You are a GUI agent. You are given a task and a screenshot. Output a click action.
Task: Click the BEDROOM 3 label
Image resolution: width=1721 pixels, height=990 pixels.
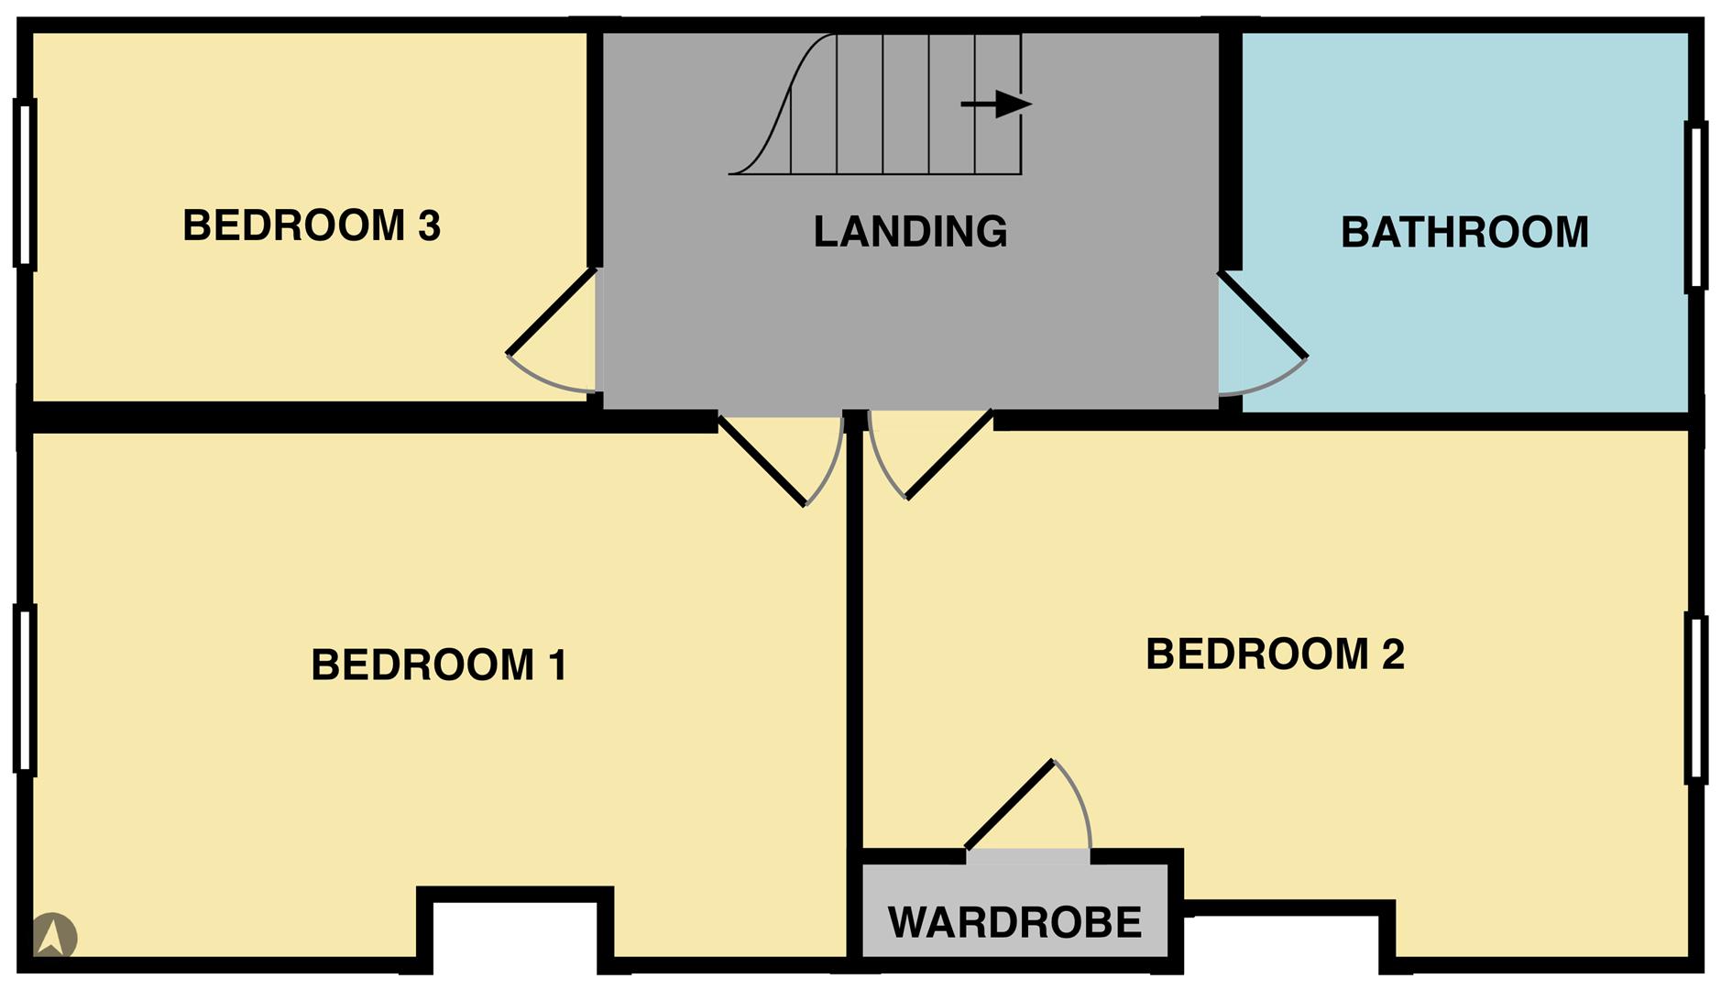312,225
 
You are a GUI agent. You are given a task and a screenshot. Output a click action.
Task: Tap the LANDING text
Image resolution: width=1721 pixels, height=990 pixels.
910,231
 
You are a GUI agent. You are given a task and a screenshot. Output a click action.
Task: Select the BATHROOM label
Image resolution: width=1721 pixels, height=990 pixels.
1464,232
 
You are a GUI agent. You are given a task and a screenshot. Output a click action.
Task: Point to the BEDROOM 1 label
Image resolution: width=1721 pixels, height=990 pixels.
439,665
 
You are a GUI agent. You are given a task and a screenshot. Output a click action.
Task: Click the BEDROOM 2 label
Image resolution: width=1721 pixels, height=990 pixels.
1275,654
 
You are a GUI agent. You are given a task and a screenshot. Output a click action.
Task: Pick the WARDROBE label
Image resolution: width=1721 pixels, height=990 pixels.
1014,921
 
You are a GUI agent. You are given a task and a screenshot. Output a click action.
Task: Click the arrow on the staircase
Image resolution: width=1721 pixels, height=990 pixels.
996,104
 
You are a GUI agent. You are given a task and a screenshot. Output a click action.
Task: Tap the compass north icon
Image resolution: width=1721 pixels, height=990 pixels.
54,936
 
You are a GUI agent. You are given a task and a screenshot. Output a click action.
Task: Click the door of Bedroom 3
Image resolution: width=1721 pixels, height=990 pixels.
553,311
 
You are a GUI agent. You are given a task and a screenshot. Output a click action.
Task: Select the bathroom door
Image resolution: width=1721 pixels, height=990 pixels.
1262,313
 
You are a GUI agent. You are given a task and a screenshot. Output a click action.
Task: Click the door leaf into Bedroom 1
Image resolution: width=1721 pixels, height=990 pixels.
762,460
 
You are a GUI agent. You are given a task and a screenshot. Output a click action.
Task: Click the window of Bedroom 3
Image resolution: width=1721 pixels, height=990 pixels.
25,183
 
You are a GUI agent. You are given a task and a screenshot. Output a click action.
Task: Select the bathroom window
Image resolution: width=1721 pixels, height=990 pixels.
1695,206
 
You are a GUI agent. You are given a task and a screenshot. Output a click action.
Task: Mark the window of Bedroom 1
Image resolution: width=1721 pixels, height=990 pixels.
25,689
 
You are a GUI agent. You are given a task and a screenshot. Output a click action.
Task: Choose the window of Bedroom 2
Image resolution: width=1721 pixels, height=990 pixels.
1695,698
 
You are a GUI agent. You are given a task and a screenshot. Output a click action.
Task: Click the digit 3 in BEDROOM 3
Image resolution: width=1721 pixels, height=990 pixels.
429,225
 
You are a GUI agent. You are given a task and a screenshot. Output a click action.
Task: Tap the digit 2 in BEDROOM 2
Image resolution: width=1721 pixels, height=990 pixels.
1392,654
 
